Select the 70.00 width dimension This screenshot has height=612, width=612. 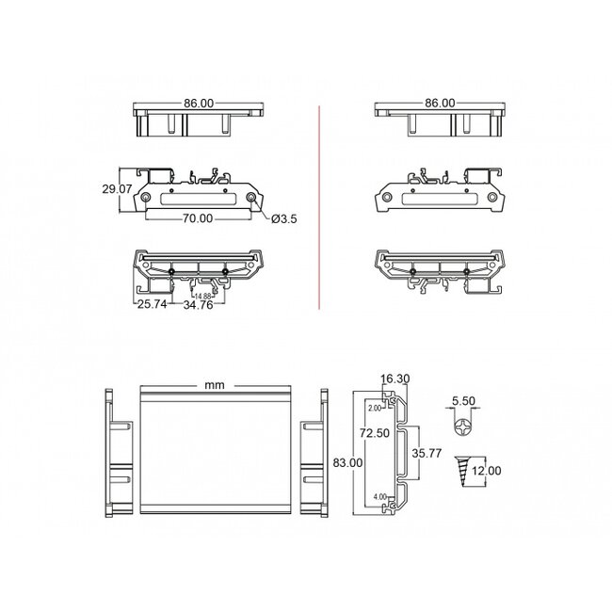click(197, 217)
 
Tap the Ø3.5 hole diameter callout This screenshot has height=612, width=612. click(284, 218)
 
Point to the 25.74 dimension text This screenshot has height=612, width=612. click(151, 305)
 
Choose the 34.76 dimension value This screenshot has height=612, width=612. click(199, 305)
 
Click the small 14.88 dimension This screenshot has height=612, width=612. click(201, 296)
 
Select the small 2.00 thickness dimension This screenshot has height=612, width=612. click(374, 409)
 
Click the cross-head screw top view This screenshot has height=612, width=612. click(463, 427)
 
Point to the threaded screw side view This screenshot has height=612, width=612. click(464, 470)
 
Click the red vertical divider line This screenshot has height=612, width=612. click(320, 207)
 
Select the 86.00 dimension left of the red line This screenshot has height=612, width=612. click(199, 103)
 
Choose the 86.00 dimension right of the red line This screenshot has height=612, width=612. click(440, 103)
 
